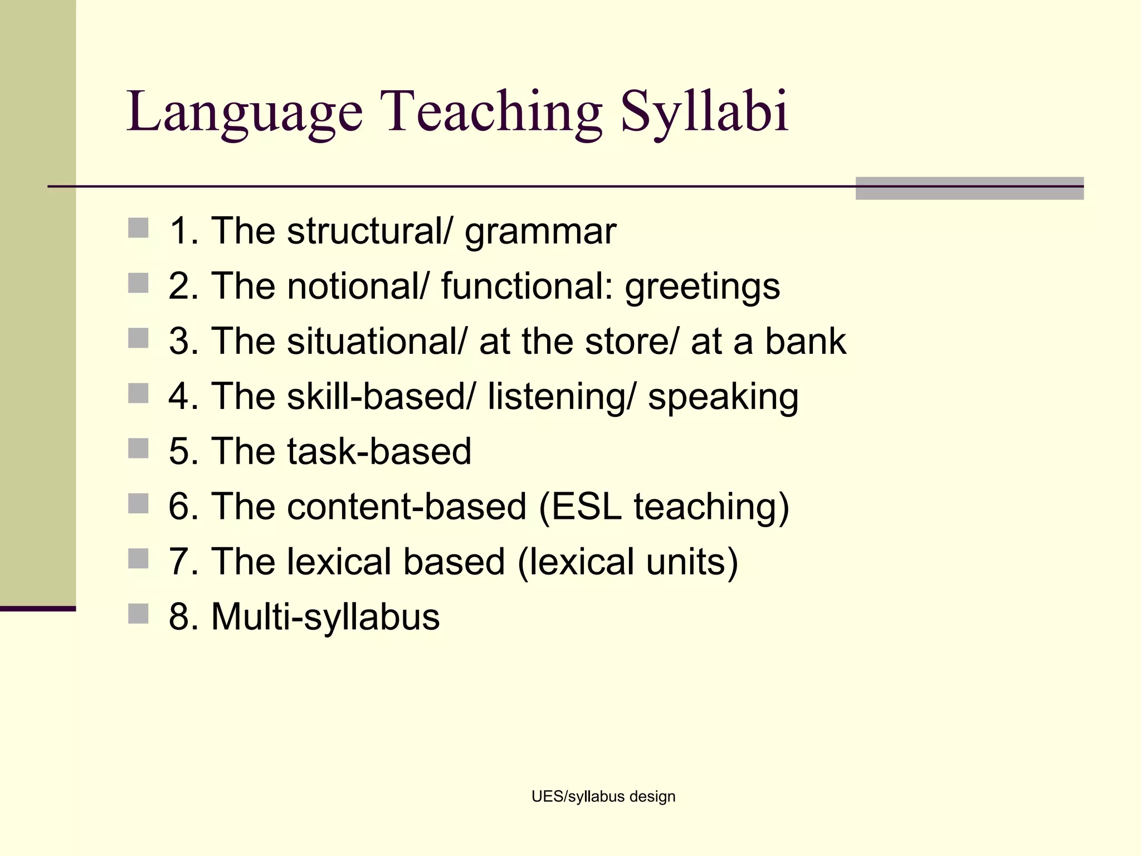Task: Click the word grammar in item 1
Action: coord(540,231)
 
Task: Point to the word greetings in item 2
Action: coord(702,287)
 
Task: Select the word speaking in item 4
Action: coord(723,397)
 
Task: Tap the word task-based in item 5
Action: coord(379,451)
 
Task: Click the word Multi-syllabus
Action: coord(325,617)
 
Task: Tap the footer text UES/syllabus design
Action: coord(603,796)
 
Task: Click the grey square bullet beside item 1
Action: coord(138,228)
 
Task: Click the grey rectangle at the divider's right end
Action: coord(969,188)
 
